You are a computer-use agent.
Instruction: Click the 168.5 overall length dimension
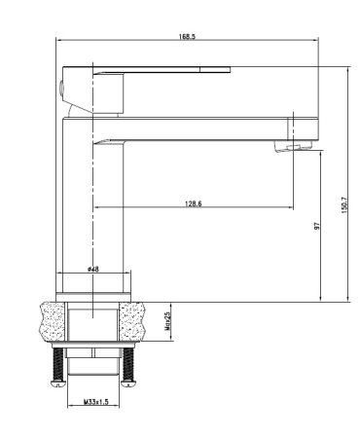click(x=187, y=36)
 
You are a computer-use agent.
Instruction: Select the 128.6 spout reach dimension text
click(x=193, y=203)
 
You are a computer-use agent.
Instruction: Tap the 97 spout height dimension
click(x=317, y=226)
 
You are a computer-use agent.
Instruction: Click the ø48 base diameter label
click(x=92, y=268)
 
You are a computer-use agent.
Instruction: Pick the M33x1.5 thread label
click(x=95, y=401)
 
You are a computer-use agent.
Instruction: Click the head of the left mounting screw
click(x=55, y=385)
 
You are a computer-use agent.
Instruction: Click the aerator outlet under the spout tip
click(x=292, y=146)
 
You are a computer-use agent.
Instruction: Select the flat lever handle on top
click(x=161, y=69)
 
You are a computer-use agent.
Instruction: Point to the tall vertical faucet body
click(x=92, y=204)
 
